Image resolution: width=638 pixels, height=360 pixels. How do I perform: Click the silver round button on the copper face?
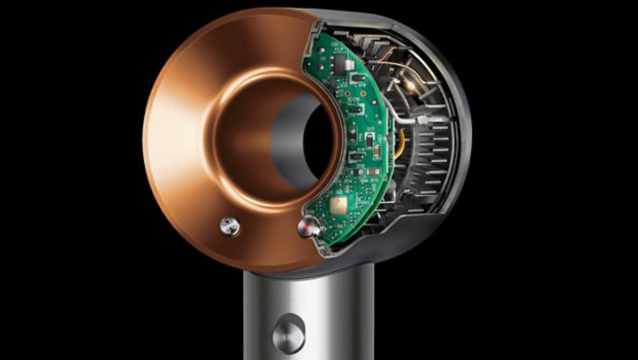click(x=230, y=225)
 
